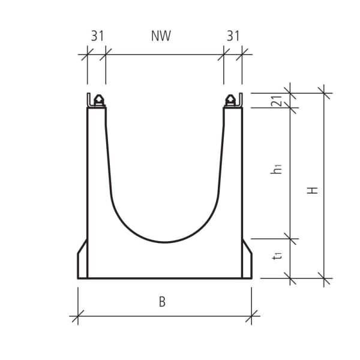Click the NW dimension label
pos(161,36)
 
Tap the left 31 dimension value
pos(98,36)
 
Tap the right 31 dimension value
pos(233,36)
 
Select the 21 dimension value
pos(277,100)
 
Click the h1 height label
pos(277,170)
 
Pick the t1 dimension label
pos(277,256)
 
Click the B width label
pos(162,302)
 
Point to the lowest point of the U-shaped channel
pos(164,242)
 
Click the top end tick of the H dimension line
pos(325,93)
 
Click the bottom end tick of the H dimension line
pos(325,278)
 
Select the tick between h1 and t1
pos(292,239)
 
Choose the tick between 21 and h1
pos(292,107)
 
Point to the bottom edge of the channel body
pos(164,278)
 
